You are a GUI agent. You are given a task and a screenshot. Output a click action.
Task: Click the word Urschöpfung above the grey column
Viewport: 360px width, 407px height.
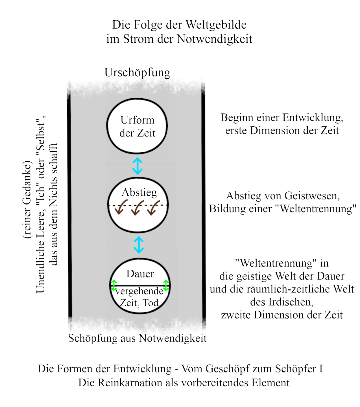pos(138,73)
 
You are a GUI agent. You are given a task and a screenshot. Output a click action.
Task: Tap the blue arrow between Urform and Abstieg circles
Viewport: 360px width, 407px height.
pos(138,166)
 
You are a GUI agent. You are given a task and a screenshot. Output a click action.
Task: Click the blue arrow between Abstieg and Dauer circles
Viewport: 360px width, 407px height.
pos(139,245)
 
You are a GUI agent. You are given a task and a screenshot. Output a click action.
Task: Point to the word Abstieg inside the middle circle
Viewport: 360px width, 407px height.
pos(139,192)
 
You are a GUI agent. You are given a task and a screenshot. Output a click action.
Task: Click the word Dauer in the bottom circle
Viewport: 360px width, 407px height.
pos(140,274)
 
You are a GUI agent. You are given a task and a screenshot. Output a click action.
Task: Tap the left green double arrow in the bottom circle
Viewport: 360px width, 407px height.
pos(114,285)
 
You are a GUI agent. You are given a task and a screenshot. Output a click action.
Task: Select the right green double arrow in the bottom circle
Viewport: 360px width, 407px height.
pos(166,285)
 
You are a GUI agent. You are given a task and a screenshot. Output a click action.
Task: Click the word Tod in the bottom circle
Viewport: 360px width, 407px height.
pos(150,303)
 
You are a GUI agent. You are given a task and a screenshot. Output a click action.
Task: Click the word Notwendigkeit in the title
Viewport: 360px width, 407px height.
pos(215,39)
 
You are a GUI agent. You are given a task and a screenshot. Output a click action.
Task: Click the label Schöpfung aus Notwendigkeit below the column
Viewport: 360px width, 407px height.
pos(138,338)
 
